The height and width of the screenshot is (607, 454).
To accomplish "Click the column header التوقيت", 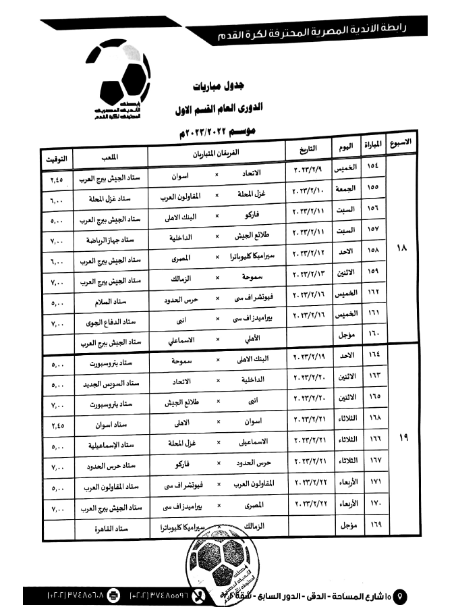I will coord(55,159).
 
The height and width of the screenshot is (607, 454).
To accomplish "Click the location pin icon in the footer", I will coord(401,596).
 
